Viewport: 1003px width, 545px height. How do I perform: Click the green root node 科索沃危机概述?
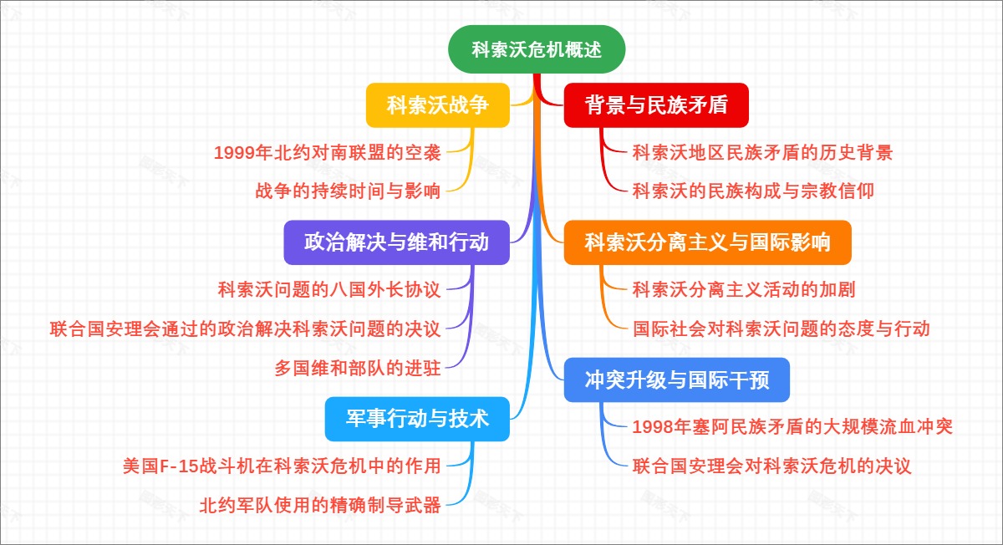[x=537, y=49]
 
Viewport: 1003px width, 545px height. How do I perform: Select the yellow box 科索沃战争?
[x=438, y=105]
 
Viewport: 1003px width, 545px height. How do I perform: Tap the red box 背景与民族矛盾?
[x=656, y=105]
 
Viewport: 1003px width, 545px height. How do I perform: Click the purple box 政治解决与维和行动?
[x=396, y=242]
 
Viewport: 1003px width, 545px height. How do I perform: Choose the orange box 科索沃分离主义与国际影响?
[x=707, y=242]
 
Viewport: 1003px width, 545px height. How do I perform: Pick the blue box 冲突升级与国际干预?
[x=677, y=380]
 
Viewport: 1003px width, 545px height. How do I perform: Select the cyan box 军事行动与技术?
[x=417, y=419]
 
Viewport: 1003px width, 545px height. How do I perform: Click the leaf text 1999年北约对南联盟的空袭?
[x=327, y=152]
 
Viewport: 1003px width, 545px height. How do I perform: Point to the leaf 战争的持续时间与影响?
[x=348, y=191]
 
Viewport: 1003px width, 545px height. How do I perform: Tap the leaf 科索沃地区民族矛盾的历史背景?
[x=762, y=152]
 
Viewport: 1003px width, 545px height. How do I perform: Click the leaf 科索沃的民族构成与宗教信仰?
[x=753, y=191]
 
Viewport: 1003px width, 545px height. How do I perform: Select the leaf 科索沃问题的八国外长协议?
[x=329, y=290]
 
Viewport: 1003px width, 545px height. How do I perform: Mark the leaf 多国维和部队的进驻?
[x=358, y=367]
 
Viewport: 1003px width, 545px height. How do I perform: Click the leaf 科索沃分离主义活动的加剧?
[x=744, y=290]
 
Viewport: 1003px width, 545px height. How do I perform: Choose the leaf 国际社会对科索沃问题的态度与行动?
[x=782, y=329]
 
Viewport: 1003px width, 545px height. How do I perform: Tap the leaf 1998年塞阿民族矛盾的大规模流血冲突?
[x=792, y=427]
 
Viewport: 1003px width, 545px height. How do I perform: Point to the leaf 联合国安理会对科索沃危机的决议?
[x=771, y=466]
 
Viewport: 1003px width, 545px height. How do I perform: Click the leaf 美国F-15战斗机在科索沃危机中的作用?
[x=282, y=466]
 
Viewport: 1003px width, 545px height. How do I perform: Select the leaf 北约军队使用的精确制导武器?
[x=320, y=504]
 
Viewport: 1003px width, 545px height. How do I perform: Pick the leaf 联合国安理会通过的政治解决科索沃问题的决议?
[x=245, y=329]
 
